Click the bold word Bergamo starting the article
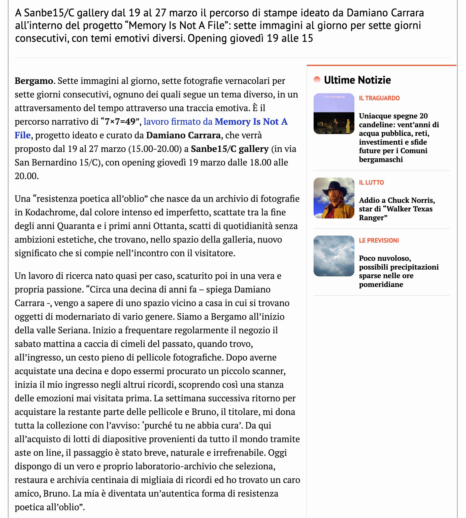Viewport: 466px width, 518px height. click(34, 81)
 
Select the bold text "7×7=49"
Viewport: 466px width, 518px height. click(120, 122)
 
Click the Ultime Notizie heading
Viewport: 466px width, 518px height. click(357, 80)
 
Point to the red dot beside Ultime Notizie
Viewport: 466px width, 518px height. click(317, 80)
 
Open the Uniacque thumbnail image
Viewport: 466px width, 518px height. click(334, 114)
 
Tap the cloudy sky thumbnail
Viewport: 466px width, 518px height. click(334, 256)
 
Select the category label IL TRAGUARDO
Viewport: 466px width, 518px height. click(379, 98)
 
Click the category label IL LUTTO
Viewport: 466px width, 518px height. click(371, 183)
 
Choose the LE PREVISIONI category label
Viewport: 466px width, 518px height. click(379, 240)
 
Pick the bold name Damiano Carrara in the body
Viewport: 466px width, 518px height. click(183, 135)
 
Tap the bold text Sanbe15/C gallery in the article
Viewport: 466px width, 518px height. click(229, 149)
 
